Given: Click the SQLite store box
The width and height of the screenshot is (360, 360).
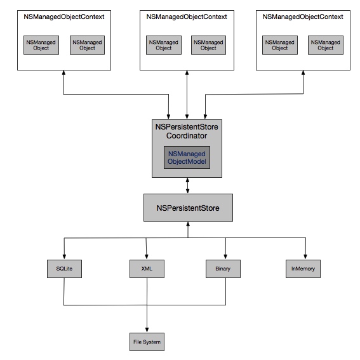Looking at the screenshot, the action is (64, 269).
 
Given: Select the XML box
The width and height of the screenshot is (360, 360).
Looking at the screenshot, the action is (147, 269).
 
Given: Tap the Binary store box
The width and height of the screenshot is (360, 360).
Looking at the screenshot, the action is (223, 269).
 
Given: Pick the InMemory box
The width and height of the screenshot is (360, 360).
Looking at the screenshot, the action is (303, 269).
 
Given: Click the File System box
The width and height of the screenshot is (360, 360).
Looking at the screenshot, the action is (147, 342).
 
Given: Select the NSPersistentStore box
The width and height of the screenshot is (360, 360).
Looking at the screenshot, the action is (188, 208).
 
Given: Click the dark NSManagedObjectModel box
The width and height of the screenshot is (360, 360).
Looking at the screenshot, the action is (187, 157).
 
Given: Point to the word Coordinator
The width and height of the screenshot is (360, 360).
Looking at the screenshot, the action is (187, 136).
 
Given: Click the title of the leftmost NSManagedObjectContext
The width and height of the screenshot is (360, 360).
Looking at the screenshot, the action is (64, 17).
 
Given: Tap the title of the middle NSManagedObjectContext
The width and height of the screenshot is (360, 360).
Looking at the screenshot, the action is (187, 17).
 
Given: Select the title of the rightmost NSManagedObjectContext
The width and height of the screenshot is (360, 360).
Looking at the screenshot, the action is (303, 17).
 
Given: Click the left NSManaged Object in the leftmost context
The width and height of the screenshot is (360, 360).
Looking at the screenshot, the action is (41, 45).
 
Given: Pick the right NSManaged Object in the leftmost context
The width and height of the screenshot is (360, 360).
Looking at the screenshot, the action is (87, 45).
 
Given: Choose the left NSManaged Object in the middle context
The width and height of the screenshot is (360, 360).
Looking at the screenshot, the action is (164, 45).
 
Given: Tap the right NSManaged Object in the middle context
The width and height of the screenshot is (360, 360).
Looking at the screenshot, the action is (208, 45).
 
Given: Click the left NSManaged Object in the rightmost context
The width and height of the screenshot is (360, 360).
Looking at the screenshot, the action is (280, 45).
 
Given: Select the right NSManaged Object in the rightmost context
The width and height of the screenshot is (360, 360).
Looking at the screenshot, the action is (326, 45).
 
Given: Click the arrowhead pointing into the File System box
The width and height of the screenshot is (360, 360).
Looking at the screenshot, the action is (147, 330).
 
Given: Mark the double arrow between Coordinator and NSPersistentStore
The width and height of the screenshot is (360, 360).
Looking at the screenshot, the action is (187, 185).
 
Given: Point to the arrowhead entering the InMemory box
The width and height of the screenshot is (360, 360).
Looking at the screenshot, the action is (305, 257).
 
